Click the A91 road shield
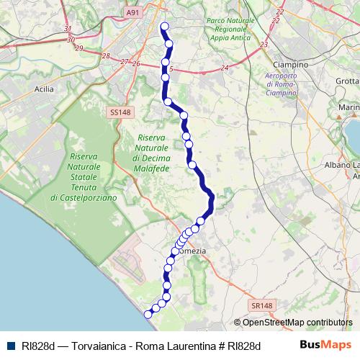[x=132, y=12]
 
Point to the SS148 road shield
[x=121, y=112]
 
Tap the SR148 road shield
[x=263, y=306]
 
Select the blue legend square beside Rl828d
[x=13, y=346]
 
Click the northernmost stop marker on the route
[x=164, y=27]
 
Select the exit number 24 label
[x=225, y=68]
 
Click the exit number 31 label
[x=68, y=29]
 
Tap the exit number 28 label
[x=107, y=56]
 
